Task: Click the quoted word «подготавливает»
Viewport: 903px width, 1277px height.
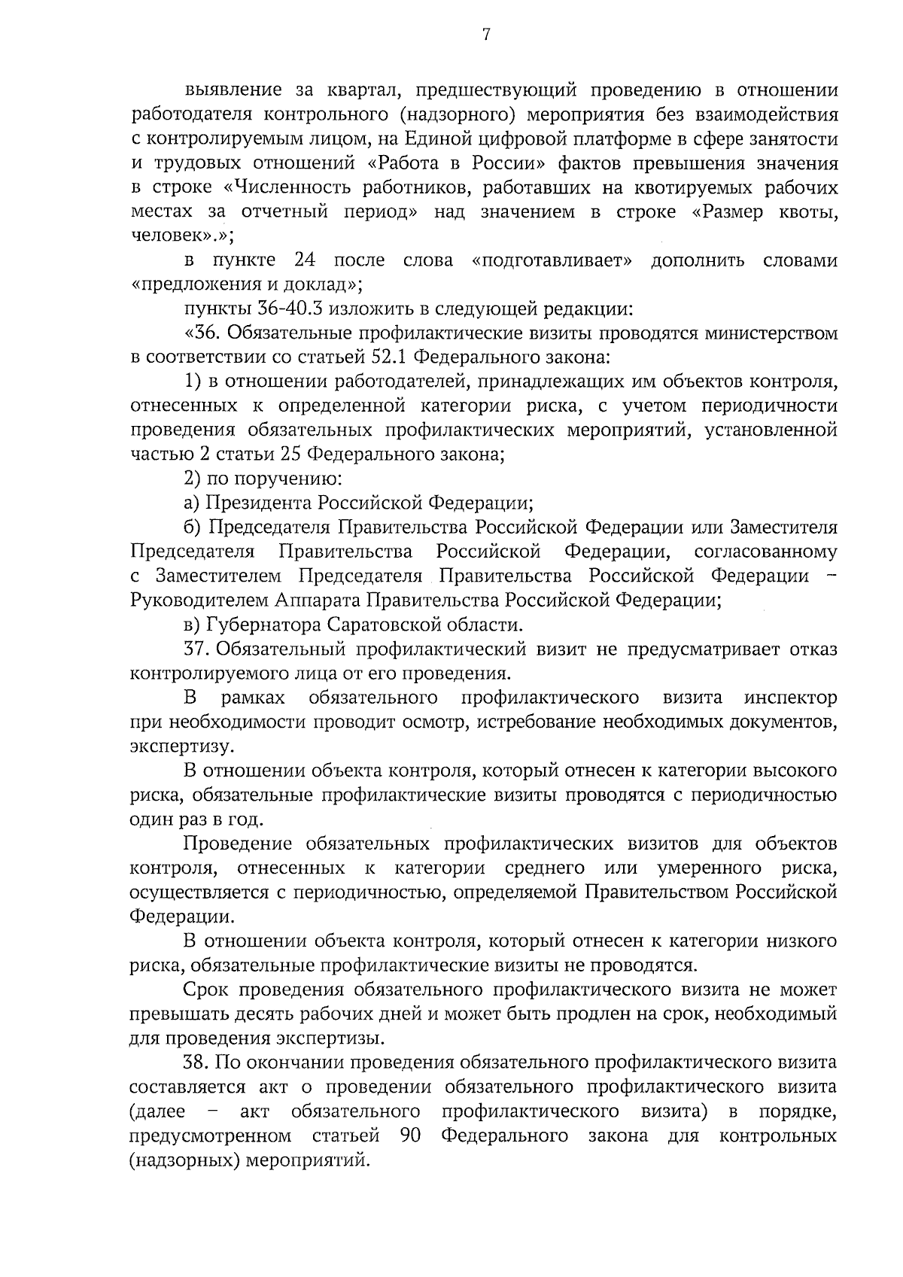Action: (551, 260)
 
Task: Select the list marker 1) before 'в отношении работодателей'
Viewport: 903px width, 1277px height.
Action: (192, 382)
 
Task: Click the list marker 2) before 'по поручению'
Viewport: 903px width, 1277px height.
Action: (192, 479)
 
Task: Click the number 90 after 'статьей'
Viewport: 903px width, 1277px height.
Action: (410, 1135)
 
